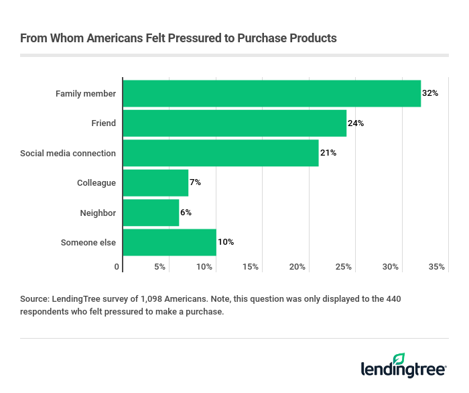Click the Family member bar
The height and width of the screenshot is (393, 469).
point(271,93)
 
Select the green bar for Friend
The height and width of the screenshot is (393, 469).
point(234,123)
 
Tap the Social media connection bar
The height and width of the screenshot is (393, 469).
point(220,153)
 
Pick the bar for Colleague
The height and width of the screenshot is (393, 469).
point(155,182)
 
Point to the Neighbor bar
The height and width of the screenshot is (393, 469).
point(151,213)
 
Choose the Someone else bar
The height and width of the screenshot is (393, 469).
point(170,242)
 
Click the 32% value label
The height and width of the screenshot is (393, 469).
point(430,93)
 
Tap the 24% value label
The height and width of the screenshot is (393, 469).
point(356,123)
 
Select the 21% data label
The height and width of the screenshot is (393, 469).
point(328,153)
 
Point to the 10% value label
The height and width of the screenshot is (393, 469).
point(225,242)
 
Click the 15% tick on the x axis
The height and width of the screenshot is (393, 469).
point(251,267)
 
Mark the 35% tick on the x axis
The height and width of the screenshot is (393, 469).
point(437,267)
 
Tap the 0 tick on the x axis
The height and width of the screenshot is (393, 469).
point(117,267)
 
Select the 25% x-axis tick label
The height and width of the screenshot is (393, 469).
point(344,267)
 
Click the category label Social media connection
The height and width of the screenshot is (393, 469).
point(68,153)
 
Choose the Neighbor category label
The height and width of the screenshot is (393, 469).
point(98,213)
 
